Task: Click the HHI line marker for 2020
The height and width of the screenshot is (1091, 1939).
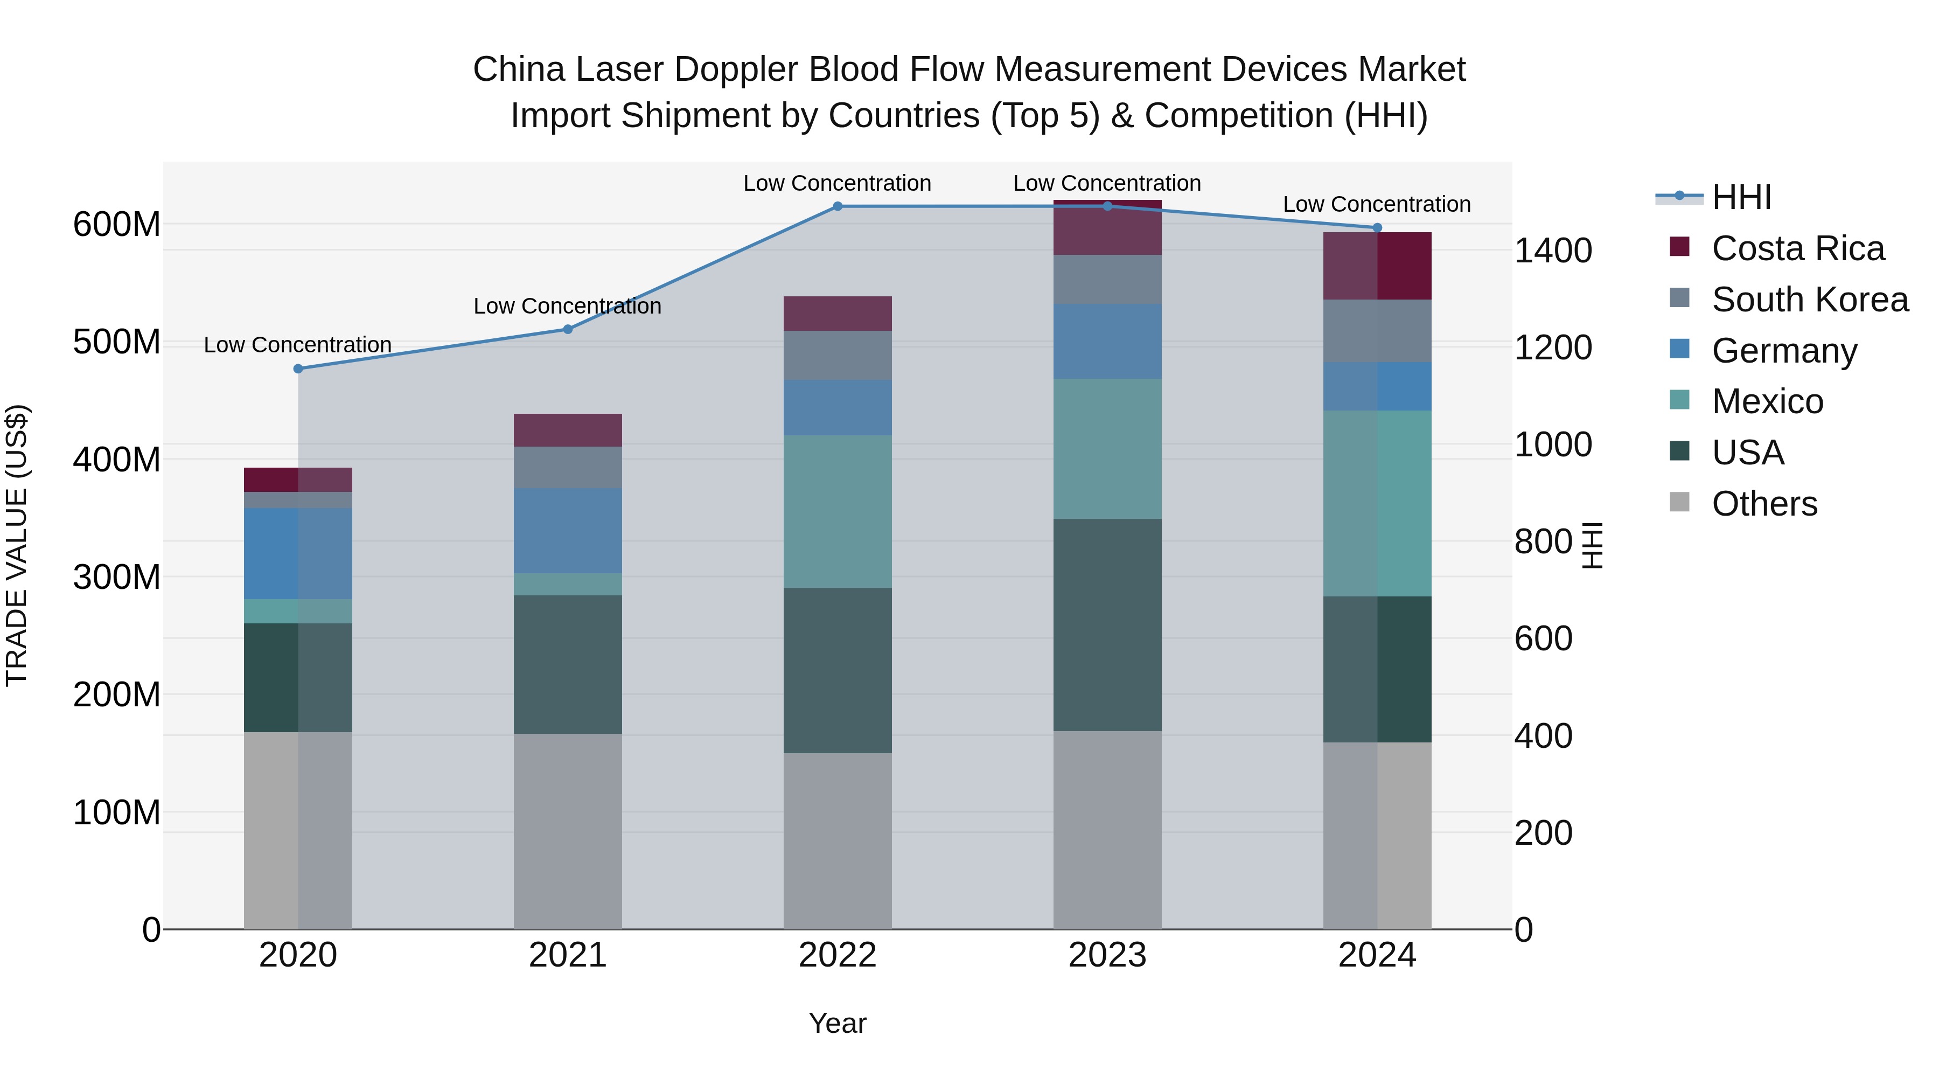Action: (298, 369)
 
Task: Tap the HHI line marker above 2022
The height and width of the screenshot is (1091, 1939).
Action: (837, 206)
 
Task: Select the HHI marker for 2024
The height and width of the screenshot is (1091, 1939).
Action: (1377, 227)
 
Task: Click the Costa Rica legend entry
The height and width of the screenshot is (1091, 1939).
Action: (1797, 248)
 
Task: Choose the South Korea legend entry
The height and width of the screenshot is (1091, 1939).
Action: (1810, 300)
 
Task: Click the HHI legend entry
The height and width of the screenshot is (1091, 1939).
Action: (1740, 197)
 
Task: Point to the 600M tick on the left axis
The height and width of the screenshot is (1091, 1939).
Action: (117, 224)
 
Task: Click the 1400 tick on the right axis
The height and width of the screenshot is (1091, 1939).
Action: (1552, 251)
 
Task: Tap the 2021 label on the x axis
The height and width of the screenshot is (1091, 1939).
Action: (568, 955)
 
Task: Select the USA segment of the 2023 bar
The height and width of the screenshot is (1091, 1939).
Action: (1107, 624)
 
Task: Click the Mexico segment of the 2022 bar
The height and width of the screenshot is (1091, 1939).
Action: (837, 511)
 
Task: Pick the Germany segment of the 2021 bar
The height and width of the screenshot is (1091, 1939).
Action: (568, 530)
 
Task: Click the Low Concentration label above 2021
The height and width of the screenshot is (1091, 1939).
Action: (568, 307)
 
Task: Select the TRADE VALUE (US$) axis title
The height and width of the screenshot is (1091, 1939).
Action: (17, 545)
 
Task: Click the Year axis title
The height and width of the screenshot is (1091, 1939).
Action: (837, 1023)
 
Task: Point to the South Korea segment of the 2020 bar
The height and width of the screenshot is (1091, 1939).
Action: (298, 500)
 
